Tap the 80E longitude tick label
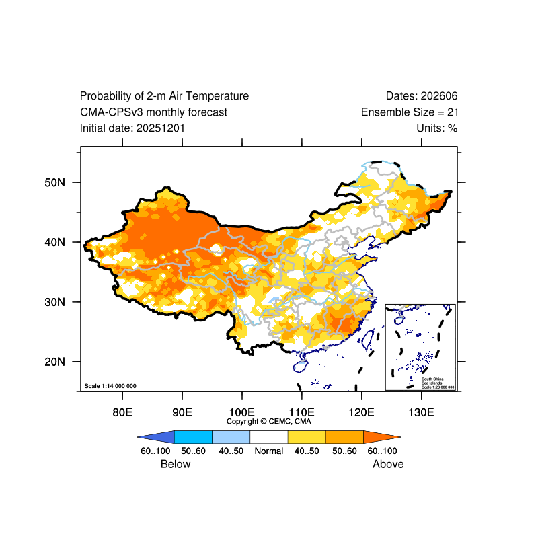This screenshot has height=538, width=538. coord(122,412)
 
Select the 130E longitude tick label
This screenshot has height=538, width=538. coord(421,412)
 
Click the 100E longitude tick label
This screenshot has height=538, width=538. coord(241,412)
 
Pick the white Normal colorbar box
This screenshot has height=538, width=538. coord(268,436)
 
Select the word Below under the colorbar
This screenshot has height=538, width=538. coord(176,464)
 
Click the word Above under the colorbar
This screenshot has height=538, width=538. coord(388,464)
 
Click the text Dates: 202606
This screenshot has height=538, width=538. coord(422,96)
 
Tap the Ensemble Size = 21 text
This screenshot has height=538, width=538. coord(410,112)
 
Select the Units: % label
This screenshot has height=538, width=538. coord(437,128)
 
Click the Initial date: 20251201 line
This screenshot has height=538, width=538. coord(132,128)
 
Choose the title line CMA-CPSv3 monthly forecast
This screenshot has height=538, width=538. coord(153,112)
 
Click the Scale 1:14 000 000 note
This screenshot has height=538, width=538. coord(110,386)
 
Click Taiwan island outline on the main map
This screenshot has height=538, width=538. coord(368,336)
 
